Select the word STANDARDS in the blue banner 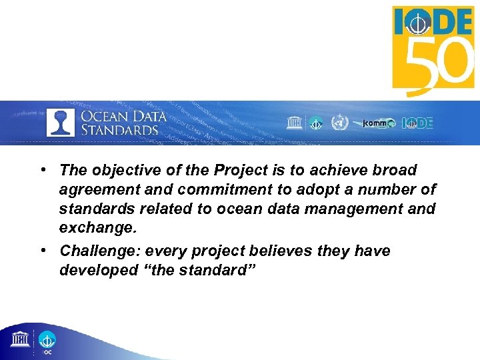coord(119,129)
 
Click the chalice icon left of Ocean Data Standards coord(61,122)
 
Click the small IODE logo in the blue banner coord(417,123)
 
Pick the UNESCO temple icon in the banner coord(293,123)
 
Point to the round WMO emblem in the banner coord(339,123)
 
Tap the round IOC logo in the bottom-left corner coord(47,341)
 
